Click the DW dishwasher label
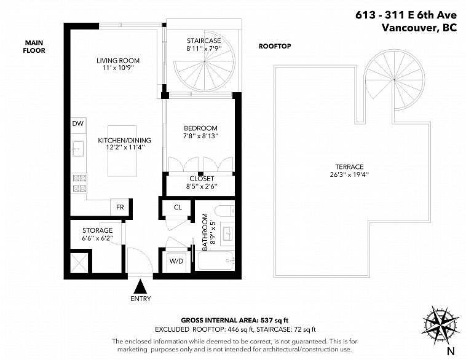point(78,123)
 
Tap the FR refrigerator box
point(120,207)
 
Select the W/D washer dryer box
point(176,262)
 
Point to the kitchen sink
point(78,149)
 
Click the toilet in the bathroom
point(224,211)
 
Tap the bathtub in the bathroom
point(216,261)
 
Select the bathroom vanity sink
point(228,234)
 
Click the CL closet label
point(178,207)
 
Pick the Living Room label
point(118,61)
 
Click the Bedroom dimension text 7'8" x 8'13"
point(201,136)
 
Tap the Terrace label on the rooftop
point(349,166)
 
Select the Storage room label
point(98,230)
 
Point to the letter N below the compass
point(451,351)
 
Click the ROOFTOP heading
point(275,46)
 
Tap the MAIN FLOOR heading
point(34,47)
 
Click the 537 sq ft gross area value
point(275,320)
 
